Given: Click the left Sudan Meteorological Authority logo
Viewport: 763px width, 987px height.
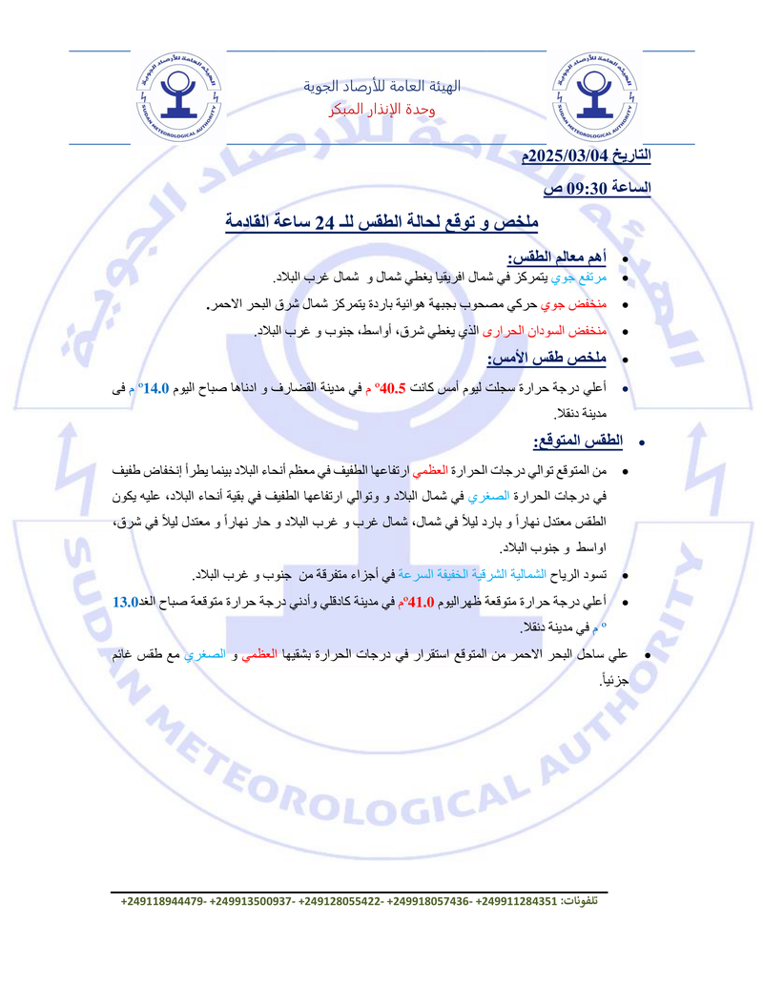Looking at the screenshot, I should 177,100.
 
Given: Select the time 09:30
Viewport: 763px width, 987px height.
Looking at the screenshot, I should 590,188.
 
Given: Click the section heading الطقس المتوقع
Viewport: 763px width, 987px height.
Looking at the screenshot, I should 567,441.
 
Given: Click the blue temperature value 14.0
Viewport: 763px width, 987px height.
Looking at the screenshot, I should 154,388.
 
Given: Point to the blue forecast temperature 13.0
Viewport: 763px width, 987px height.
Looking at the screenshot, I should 126,601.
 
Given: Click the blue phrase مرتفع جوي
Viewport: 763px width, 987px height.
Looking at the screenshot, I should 582,278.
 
